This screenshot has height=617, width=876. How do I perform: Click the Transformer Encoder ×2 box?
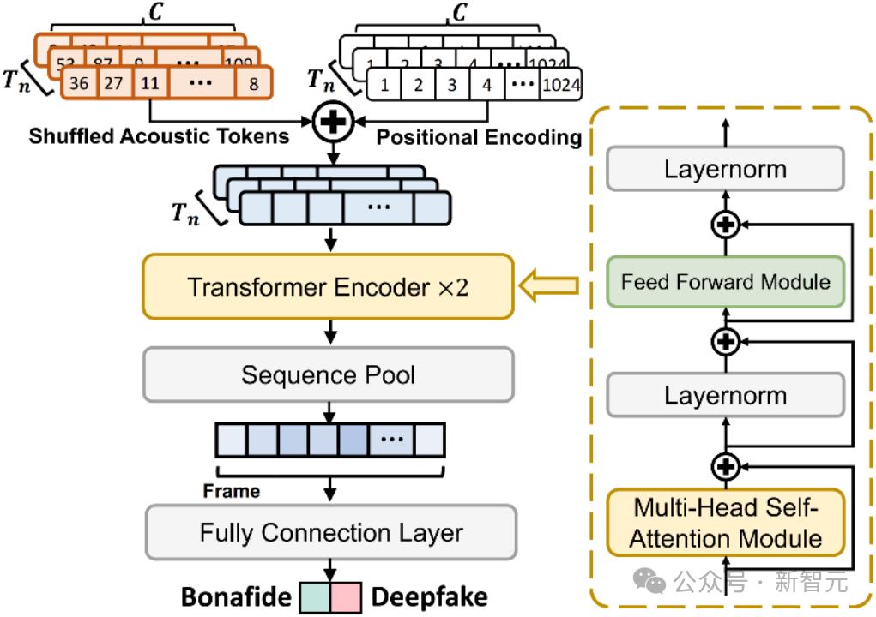(x=328, y=286)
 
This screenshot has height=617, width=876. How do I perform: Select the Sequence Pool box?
(x=328, y=374)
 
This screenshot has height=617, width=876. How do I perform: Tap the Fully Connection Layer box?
(x=331, y=532)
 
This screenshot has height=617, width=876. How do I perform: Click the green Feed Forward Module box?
(x=726, y=281)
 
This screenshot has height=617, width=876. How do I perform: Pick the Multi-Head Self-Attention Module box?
(x=726, y=522)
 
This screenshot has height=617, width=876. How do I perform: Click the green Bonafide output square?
(x=317, y=597)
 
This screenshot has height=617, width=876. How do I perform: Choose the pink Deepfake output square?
(x=348, y=597)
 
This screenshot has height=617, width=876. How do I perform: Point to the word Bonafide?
(x=236, y=597)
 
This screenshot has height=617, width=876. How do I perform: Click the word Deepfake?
(x=429, y=597)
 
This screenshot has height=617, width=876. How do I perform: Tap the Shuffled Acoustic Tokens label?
(x=159, y=135)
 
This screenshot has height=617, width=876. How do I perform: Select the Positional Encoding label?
(x=479, y=136)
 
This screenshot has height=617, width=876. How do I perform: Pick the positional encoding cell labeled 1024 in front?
(x=562, y=86)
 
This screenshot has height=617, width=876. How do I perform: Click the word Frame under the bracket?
(x=231, y=491)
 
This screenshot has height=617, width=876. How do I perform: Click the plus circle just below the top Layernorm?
(x=726, y=225)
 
